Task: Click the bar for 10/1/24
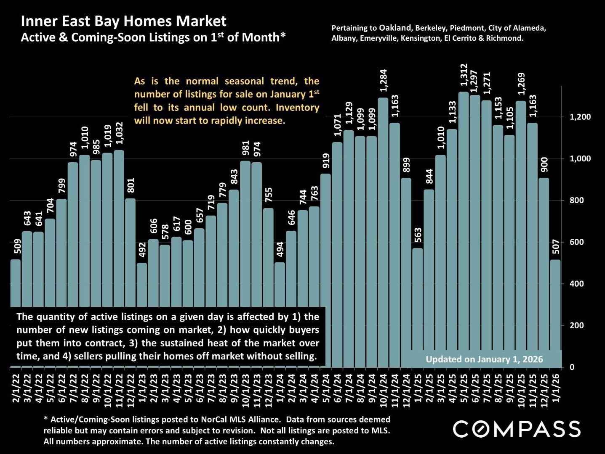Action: [383, 231]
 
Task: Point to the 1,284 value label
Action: [383, 81]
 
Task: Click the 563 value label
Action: [418, 235]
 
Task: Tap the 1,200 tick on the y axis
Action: [580, 117]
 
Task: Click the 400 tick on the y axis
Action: [577, 284]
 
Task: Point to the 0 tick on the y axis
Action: [572, 367]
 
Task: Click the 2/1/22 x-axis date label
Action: [16, 388]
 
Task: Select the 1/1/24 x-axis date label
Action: [280, 388]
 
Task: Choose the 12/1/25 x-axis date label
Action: [544, 388]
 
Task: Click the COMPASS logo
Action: [517, 429]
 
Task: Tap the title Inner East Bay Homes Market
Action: [123, 21]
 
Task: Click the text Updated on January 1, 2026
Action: [484, 359]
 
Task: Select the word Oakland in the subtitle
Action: [395, 28]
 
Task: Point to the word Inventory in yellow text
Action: [297, 107]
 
